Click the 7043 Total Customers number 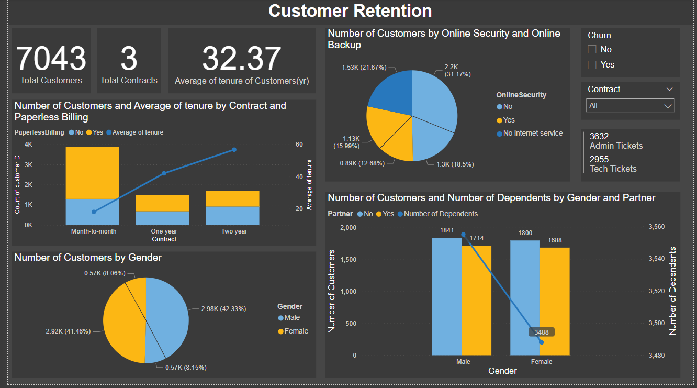click(51, 58)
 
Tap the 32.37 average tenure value click(241, 58)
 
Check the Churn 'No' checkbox click(592, 49)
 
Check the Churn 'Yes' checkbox click(592, 65)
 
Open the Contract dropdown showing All click(631, 106)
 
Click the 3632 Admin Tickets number click(599, 136)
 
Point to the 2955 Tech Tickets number click(599, 159)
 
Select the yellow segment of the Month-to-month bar click(92, 173)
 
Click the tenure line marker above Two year click(234, 150)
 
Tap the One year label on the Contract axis click(164, 231)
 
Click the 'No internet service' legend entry click(533, 134)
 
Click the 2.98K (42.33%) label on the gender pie click(223, 309)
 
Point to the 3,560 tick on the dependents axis click(656, 227)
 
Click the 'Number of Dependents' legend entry click(440, 214)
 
